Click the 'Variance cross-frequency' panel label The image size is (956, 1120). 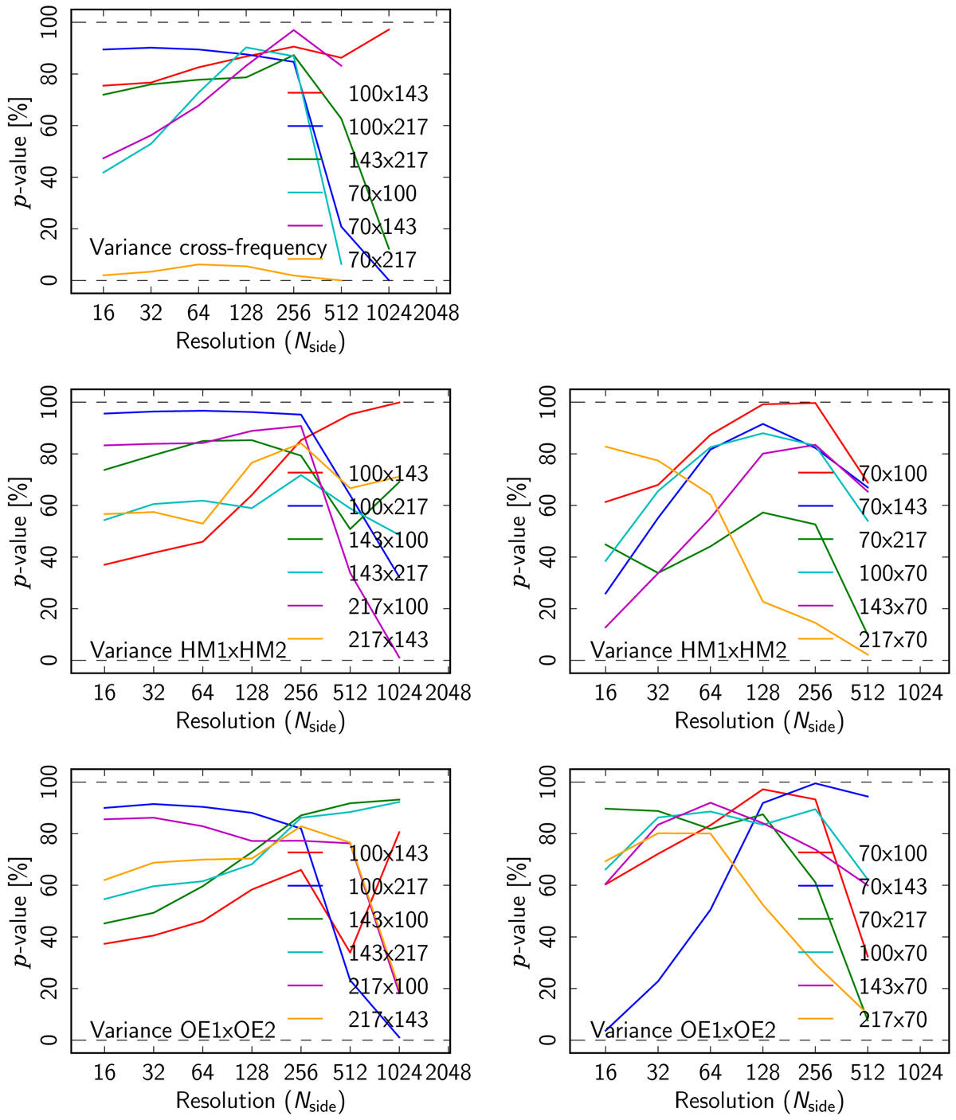tap(208, 247)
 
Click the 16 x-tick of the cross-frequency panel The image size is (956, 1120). tap(104, 313)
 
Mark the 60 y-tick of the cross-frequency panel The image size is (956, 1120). tap(54, 126)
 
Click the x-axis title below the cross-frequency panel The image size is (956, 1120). tap(260, 341)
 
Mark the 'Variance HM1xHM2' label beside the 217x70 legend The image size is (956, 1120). tap(688, 650)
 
